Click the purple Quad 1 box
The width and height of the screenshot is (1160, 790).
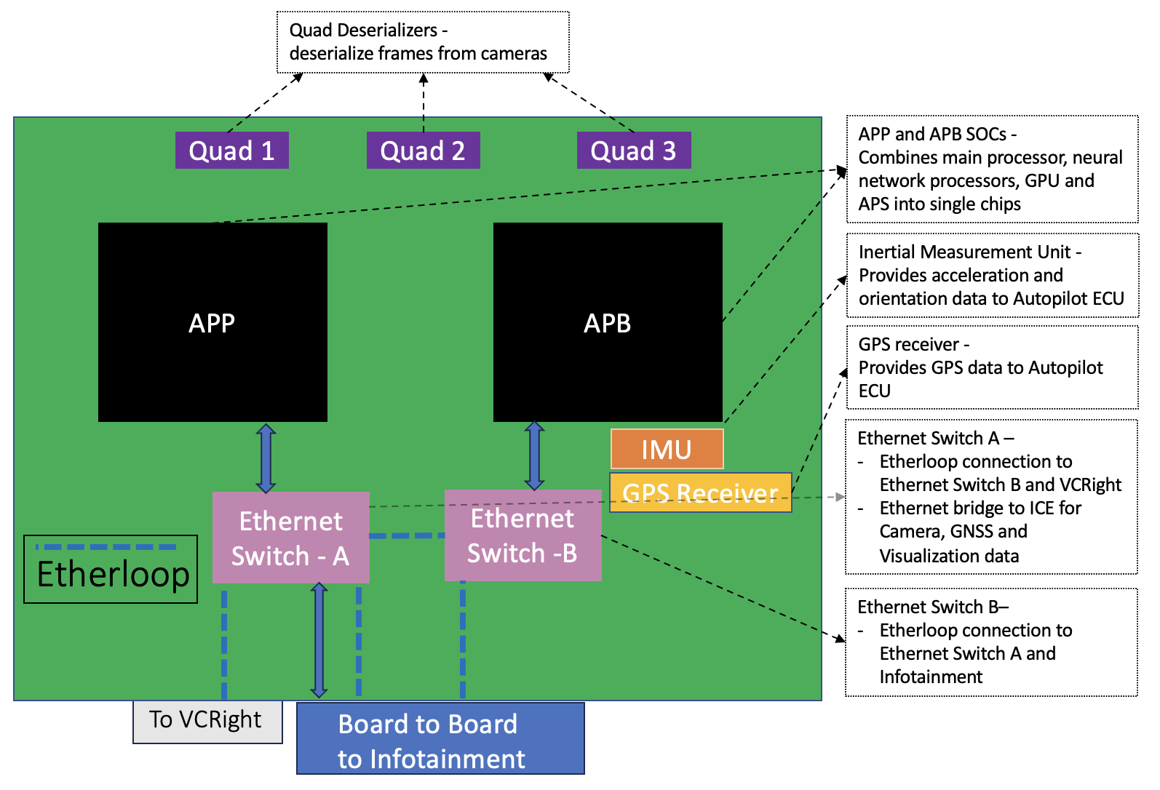(x=231, y=151)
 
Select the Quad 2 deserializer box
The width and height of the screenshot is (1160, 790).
(x=423, y=151)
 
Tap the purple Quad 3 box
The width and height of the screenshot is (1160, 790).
(x=633, y=151)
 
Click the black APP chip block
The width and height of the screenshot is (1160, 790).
(x=212, y=322)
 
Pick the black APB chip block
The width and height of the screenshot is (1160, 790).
(x=608, y=322)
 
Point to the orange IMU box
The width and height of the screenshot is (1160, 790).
(x=667, y=449)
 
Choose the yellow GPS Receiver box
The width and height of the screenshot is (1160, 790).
(x=700, y=493)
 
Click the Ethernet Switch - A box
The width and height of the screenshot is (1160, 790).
(x=290, y=538)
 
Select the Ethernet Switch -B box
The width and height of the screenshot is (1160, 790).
(x=523, y=535)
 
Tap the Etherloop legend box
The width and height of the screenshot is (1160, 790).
(x=111, y=570)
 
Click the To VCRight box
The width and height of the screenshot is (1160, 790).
(x=207, y=721)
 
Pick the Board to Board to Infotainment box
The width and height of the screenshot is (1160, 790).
(x=440, y=738)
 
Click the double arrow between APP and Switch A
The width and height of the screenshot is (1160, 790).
(x=266, y=458)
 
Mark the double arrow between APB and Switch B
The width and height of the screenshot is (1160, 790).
(x=535, y=456)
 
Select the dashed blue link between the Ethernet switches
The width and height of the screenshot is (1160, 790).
(x=407, y=536)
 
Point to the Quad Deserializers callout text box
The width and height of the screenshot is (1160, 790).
(x=423, y=42)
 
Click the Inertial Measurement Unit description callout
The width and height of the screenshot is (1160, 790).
(x=992, y=275)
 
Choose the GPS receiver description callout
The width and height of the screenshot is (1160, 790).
(x=992, y=367)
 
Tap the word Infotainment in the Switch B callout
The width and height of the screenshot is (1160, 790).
(x=931, y=677)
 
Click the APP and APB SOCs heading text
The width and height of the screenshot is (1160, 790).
(x=937, y=135)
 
